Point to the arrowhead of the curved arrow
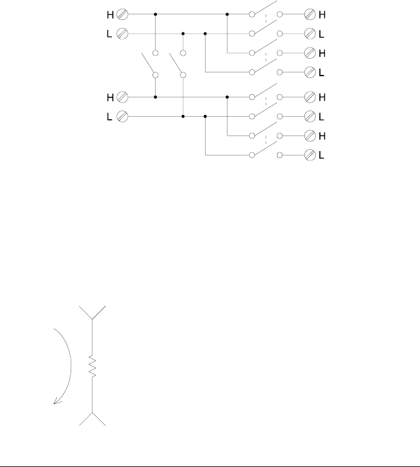[x=56, y=402]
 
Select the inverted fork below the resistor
[x=92, y=418]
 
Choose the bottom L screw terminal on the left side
[x=123, y=116]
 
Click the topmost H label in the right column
[x=322, y=13]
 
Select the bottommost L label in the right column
[x=322, y=154]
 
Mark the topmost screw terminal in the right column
[x=309, y=13]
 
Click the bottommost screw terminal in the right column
[x=309, y=154]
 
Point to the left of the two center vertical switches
[x=149, y=64]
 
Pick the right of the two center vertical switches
[x=176, y=64]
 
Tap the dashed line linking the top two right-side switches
[x=266, y=23]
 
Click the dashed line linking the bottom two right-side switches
[x=266, y=144]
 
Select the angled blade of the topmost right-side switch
[x=265, y=8]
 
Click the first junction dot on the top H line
[x=155, y=13]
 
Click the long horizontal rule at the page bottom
[x=210, y=465]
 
